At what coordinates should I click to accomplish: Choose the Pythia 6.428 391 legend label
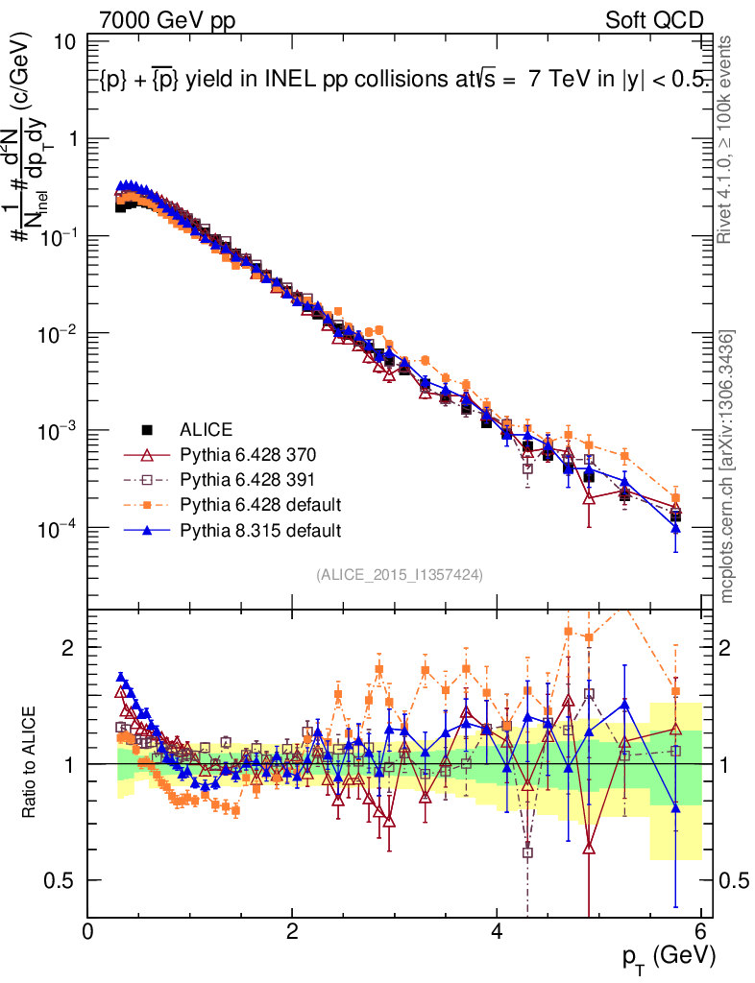point(248,478)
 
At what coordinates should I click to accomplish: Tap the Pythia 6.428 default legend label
point(259,504)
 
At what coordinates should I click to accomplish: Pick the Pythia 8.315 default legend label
point(259,529)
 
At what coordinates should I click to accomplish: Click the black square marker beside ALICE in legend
point(147,428)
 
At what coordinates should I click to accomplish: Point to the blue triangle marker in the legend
point(147,529)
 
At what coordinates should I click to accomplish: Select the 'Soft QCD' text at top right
point(654,20)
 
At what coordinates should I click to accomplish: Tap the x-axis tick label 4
point(497,931)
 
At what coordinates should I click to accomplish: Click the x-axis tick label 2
point(292,931)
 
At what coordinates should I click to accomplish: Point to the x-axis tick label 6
point(701,931)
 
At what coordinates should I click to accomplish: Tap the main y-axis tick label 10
point(66,42)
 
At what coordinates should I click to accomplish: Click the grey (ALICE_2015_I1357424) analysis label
point(399,574)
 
